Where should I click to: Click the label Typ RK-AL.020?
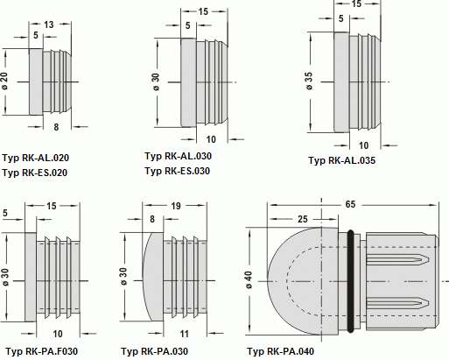[x=36, y=158]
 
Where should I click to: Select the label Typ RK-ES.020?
[x=35, y=173]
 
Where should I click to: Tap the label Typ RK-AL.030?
[x=178, y=156]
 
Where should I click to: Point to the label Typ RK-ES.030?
[x=177, y=171]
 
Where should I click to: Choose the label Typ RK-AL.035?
[x=342, y=160]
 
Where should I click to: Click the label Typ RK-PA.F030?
[x=42, y=351]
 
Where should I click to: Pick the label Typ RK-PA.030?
[x=155, y=351]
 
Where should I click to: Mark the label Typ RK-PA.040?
[x=281, y=351]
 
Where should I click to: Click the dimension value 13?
[x=49, y=25]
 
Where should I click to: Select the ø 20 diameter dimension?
[x=4, y=81]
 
